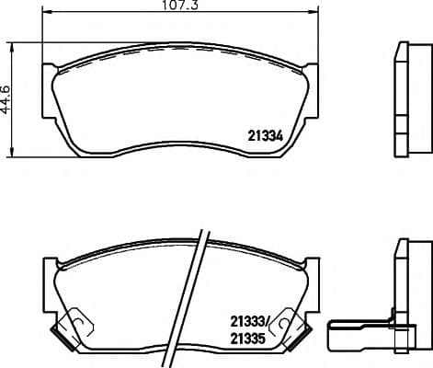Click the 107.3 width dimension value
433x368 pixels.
tap(180, 6)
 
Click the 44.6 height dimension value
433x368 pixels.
tap(6, 100)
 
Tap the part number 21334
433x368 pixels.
tap(265, 136)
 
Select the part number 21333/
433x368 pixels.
tap(249, 322)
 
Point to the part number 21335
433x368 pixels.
tap(247, 339)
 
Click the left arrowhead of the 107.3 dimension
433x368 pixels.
tap(46, 12)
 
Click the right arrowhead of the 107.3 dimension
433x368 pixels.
tap(314, 12)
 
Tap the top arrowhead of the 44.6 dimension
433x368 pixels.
tap(12, 48)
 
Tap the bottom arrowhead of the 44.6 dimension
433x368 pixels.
tap(12, 153)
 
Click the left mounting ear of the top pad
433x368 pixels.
tap(49, 91)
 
